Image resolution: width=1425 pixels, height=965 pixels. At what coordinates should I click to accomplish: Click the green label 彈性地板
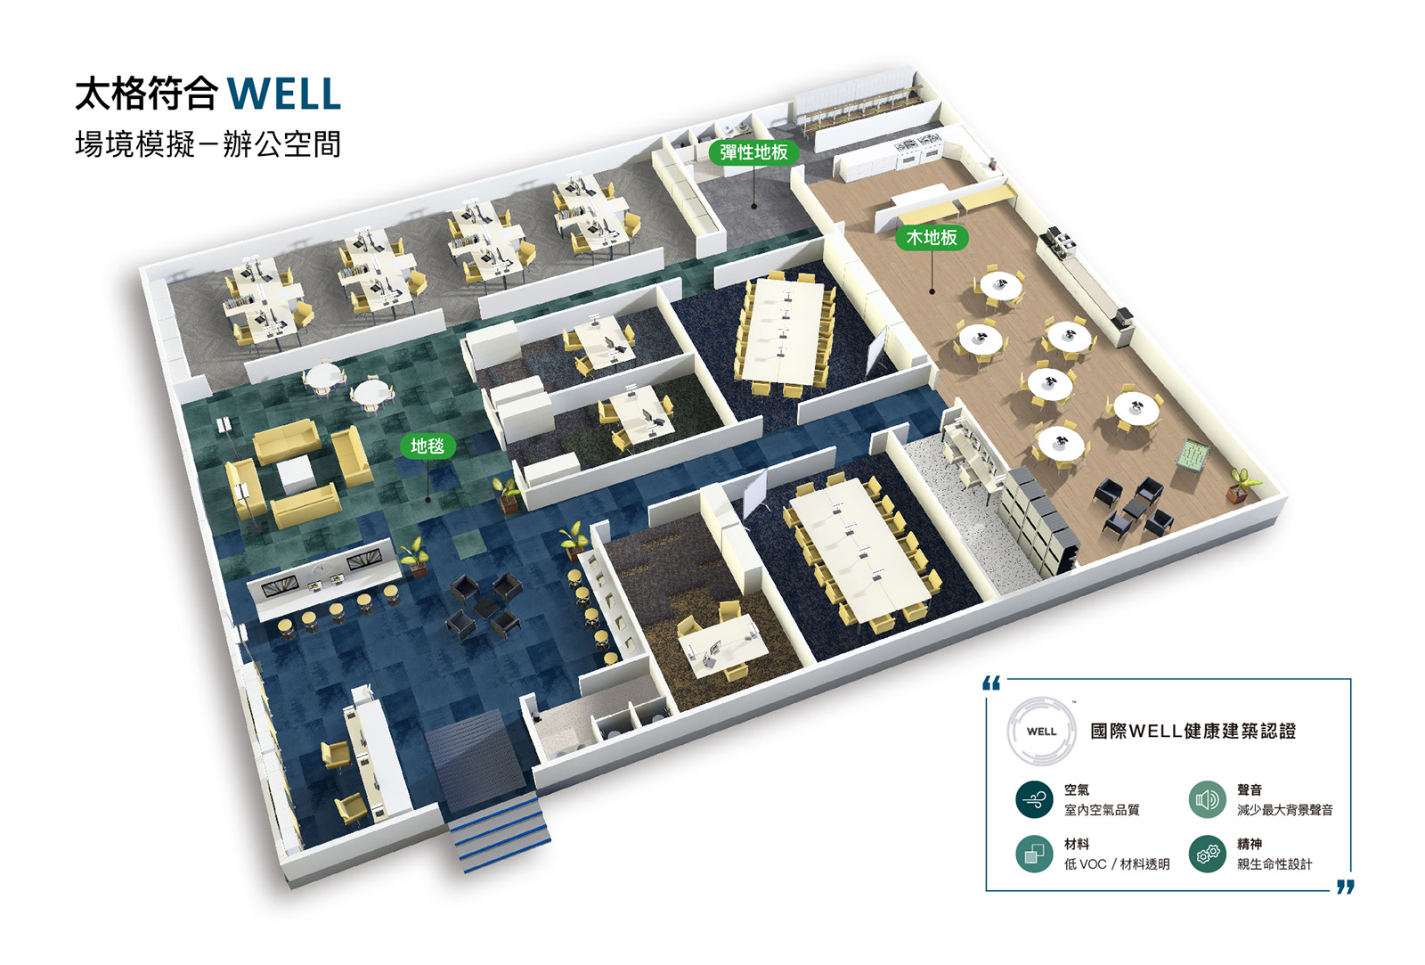click(x=753, y=152)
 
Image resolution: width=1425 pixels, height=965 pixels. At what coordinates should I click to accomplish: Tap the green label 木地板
click(x=931, y=238)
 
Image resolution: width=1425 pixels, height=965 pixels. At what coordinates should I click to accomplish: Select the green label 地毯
click(x=427, y=446)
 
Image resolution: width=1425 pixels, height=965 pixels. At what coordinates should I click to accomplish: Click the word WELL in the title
click(x=283, y=94)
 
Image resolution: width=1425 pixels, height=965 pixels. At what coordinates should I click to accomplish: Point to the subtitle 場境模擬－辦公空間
click(x=208, y=144)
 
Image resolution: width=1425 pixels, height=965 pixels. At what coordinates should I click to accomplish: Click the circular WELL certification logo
click(x=1041, y=732)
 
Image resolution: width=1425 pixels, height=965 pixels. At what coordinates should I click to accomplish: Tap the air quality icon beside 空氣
click(x=1034, y=799)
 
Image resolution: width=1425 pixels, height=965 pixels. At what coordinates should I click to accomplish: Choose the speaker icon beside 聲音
click(x=1207, y=799)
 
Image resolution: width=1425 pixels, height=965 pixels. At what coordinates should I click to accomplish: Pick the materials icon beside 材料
click(x=1034, y=854)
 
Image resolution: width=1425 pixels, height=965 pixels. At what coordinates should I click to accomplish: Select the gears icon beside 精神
click(x=1207, y=854)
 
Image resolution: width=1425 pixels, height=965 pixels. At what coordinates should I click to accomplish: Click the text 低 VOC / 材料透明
click(x=1116, y=864)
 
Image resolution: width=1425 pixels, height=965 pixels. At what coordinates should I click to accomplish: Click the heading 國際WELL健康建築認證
click(x=1193, y=732)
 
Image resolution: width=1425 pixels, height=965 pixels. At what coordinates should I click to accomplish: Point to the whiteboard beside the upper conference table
click(x=877, y=348)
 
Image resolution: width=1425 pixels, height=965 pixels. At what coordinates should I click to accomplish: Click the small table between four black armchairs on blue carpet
click(x=485, y=609)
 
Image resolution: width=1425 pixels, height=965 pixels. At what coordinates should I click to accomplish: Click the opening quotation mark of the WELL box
click(x=991, y=683)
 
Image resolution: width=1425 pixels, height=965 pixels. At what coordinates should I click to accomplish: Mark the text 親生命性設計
click(x=1274, y=864)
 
